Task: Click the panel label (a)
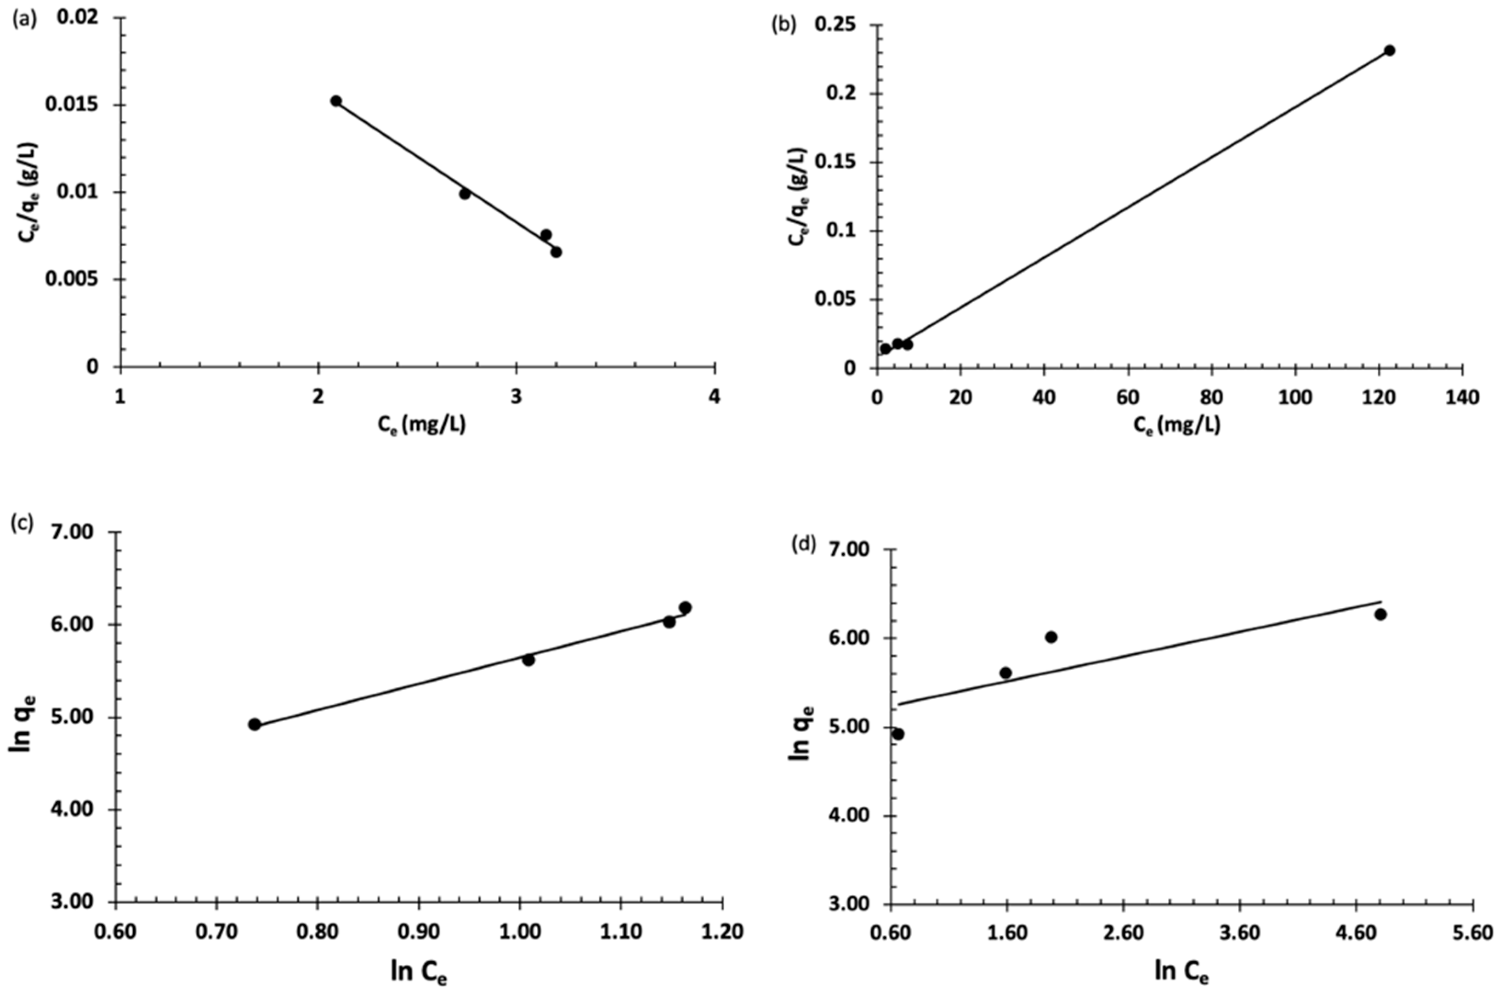coord(24,19)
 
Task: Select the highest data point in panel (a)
coord(336,101)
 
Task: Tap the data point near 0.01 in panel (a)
coord(465,194)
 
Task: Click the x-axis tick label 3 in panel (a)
coord(516,396)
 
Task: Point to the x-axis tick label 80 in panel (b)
coord(1211,398)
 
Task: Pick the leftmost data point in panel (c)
coord(255,724)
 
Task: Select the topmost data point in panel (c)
coord(685,607)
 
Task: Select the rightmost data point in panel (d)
coord(1380,614)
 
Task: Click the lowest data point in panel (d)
coord(898,734)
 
